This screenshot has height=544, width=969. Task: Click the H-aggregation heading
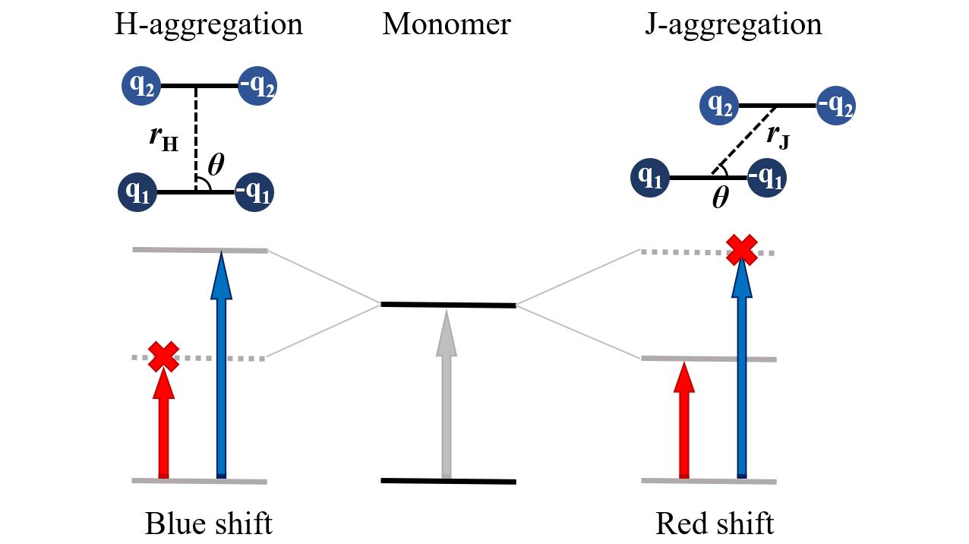tap(209, 25)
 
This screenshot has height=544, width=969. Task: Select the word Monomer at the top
tap(447, 25)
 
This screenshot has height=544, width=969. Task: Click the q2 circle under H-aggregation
tap(141, 87)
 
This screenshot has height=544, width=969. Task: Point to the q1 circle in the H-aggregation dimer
tap(137, 193)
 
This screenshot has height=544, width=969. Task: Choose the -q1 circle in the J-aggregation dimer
tap(766, 179)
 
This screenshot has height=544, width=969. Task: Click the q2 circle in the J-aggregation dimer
tap(720, 105)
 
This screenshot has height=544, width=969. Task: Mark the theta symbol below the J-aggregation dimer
tap(720, 199)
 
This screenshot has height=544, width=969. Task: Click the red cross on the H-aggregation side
tap(163, 356)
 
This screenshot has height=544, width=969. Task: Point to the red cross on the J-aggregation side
tap(742, 248)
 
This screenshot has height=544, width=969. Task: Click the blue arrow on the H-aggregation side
tap(221, 365)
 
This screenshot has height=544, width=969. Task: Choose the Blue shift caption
tap(209, 524)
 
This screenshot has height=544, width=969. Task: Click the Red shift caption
tap(715, 524)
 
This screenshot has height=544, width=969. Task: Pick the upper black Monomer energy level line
tap(448, 305)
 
